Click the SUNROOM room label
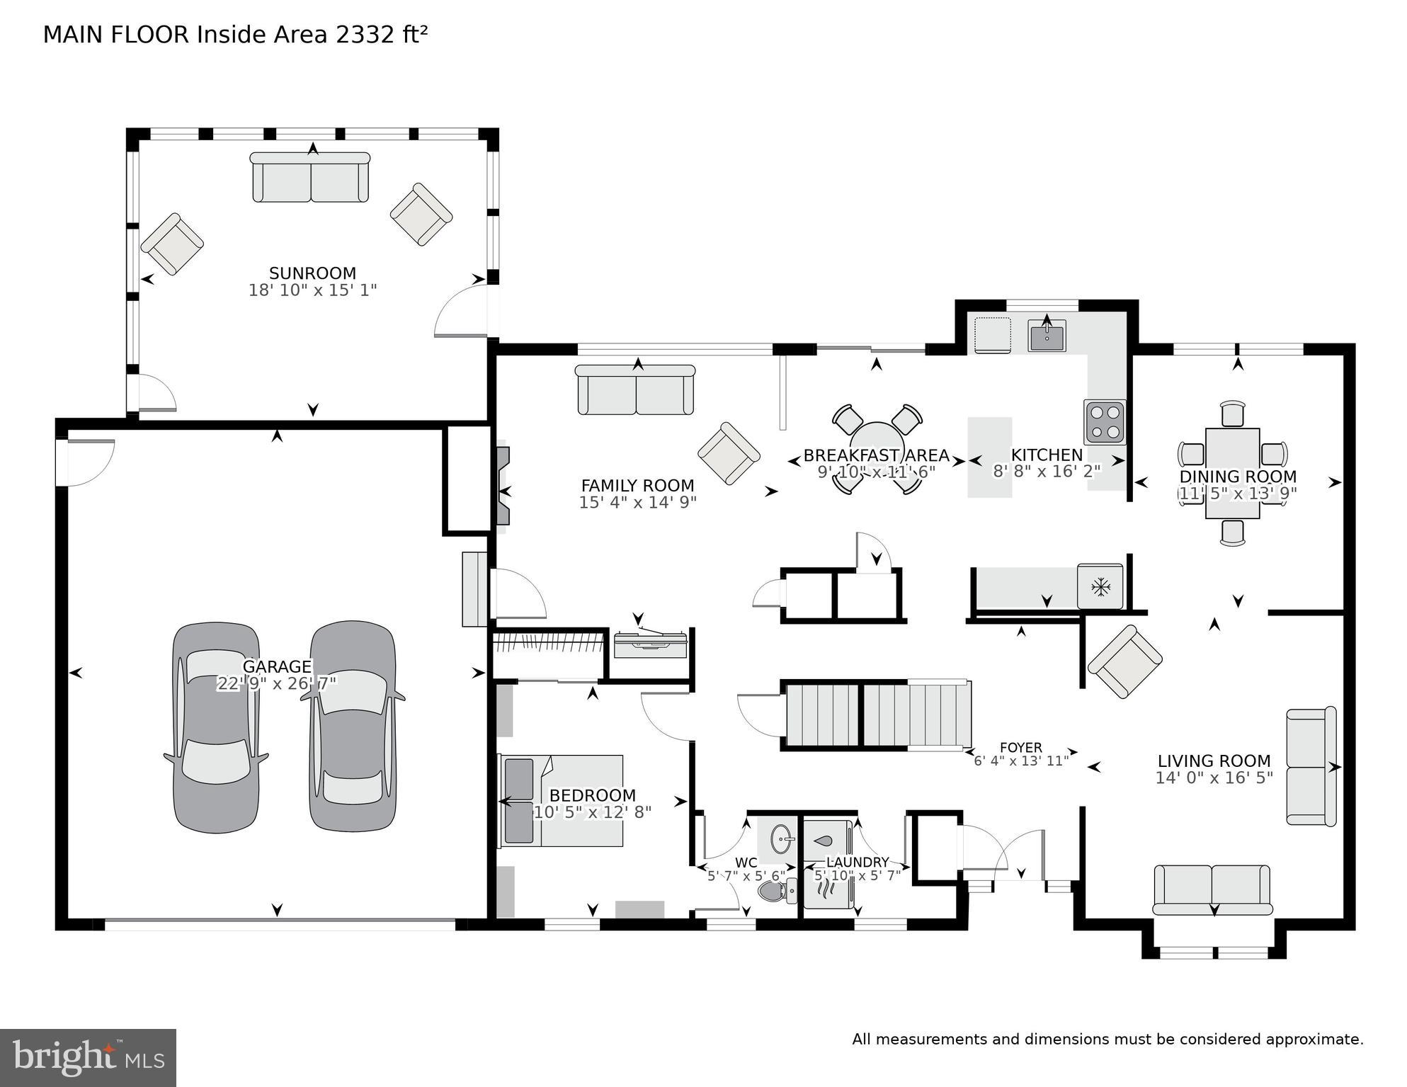coord(312,273)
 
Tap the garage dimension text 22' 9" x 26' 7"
coord(276,683)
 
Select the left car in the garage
coord(216,727)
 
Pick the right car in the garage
coord(353,725)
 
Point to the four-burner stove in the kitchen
coord(1104,422)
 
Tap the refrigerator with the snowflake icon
coord(1100,586)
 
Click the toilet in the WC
coord(775,891)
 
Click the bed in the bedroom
coord(562,800)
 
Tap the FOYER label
coord(1020,748)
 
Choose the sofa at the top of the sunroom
coord(310,177)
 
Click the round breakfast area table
coord(877,443)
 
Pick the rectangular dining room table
coord(1232,472)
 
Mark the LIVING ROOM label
coord(1214,761)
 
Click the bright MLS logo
coord(88,1057)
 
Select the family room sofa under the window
coord(635,390)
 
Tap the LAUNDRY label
coord(858,862)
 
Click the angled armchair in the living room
coord(1124,661)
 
